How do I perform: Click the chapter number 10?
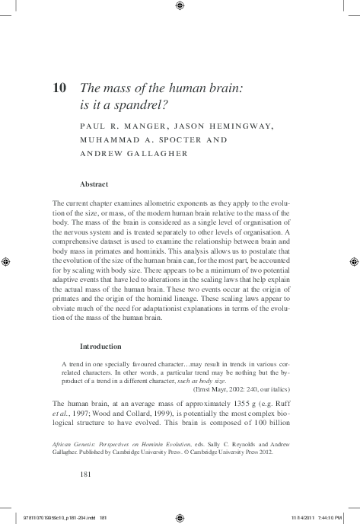[59, 88]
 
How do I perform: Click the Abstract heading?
[94, 184]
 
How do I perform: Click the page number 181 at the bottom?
[86, 473]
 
